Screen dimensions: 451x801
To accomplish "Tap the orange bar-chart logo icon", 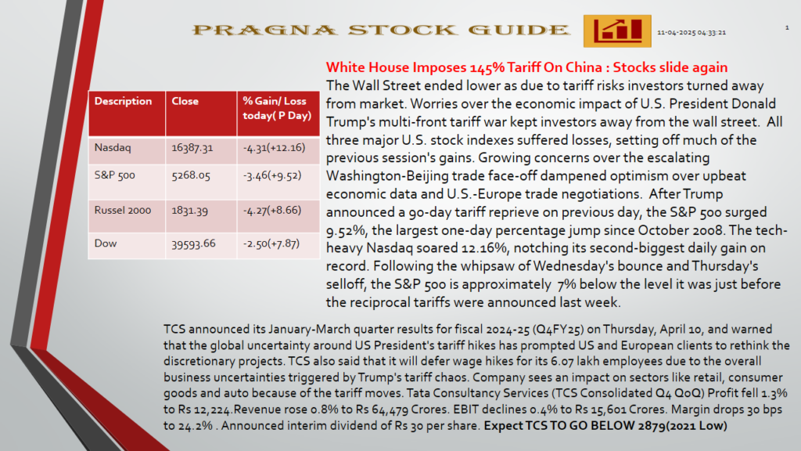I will pyautogui.click(x=616, y=31).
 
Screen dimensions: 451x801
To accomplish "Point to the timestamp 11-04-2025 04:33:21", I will pyautogui.click(x=692, y=33).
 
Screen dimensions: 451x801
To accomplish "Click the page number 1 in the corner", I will pyautogui.click(x=787, y=29).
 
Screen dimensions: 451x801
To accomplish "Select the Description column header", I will pyautogui.click(x=124, y=102).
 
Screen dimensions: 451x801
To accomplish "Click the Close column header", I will pyautogui.click(x=185, y=102).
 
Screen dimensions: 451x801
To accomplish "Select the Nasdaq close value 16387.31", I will pyautogui.click(x=192, y=146).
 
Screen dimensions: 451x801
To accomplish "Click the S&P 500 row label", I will pyautogui.click(x=114, y=175).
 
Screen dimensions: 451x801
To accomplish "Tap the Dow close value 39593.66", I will pyautogui.click(x=193, y=244).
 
